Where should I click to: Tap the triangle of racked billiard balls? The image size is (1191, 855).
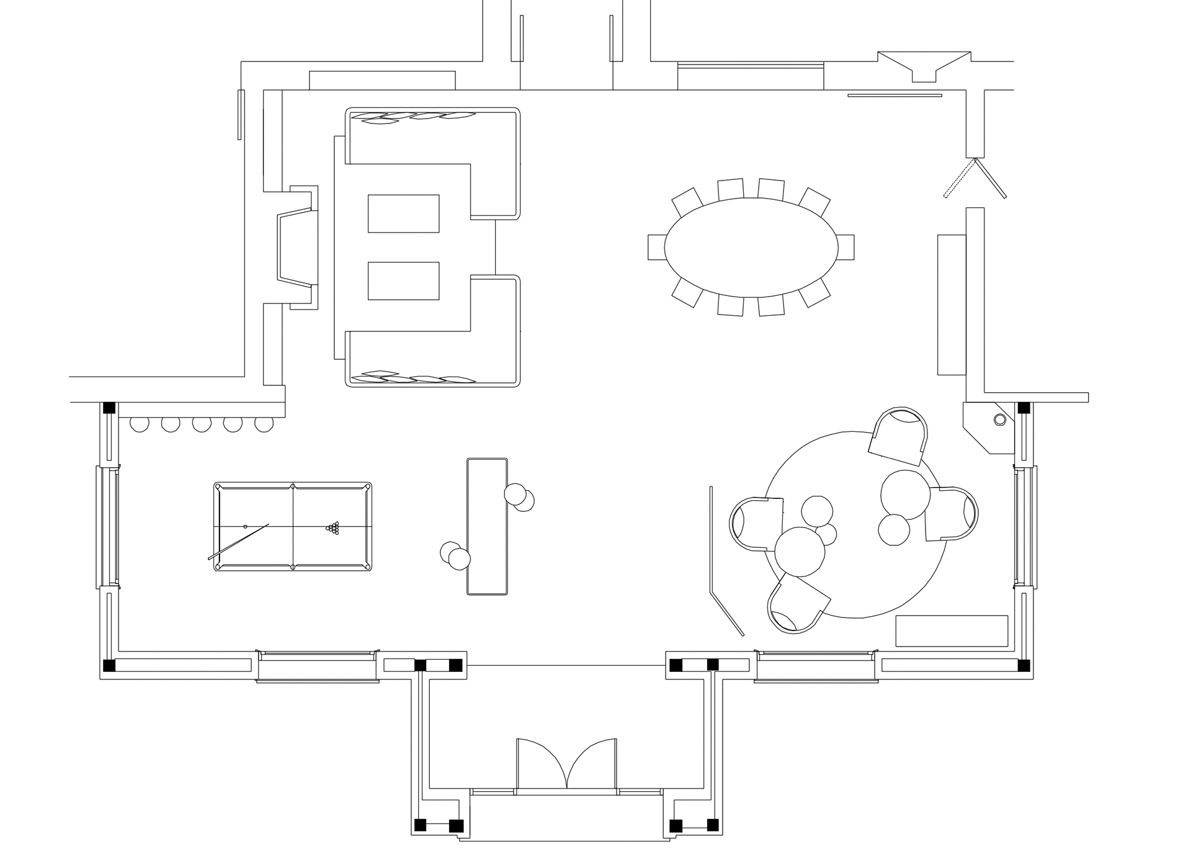click(x=334, y=528)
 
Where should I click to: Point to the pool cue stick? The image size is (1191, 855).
click(x=238, y=542)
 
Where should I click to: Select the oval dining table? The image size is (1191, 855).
click(x=751, y=246)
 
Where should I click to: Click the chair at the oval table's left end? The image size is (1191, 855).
click(x=656, y=246)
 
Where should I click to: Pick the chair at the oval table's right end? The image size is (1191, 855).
click(x=845, y=246)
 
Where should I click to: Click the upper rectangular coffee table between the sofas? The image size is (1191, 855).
click(x=403, y=213)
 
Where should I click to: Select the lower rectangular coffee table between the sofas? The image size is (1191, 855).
click(x=403, y=280)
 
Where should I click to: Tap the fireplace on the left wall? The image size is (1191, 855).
click(x=297, y=246)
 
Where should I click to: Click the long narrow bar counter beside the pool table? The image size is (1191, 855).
click(x=488, y=526)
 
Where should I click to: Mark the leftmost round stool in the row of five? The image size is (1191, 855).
click(x=140, y=424)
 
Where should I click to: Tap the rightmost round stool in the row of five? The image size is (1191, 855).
click(x=264, y=424)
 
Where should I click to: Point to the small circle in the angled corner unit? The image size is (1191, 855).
click(x=999, y=420)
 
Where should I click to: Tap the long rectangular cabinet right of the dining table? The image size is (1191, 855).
click(x=952, y=305)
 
